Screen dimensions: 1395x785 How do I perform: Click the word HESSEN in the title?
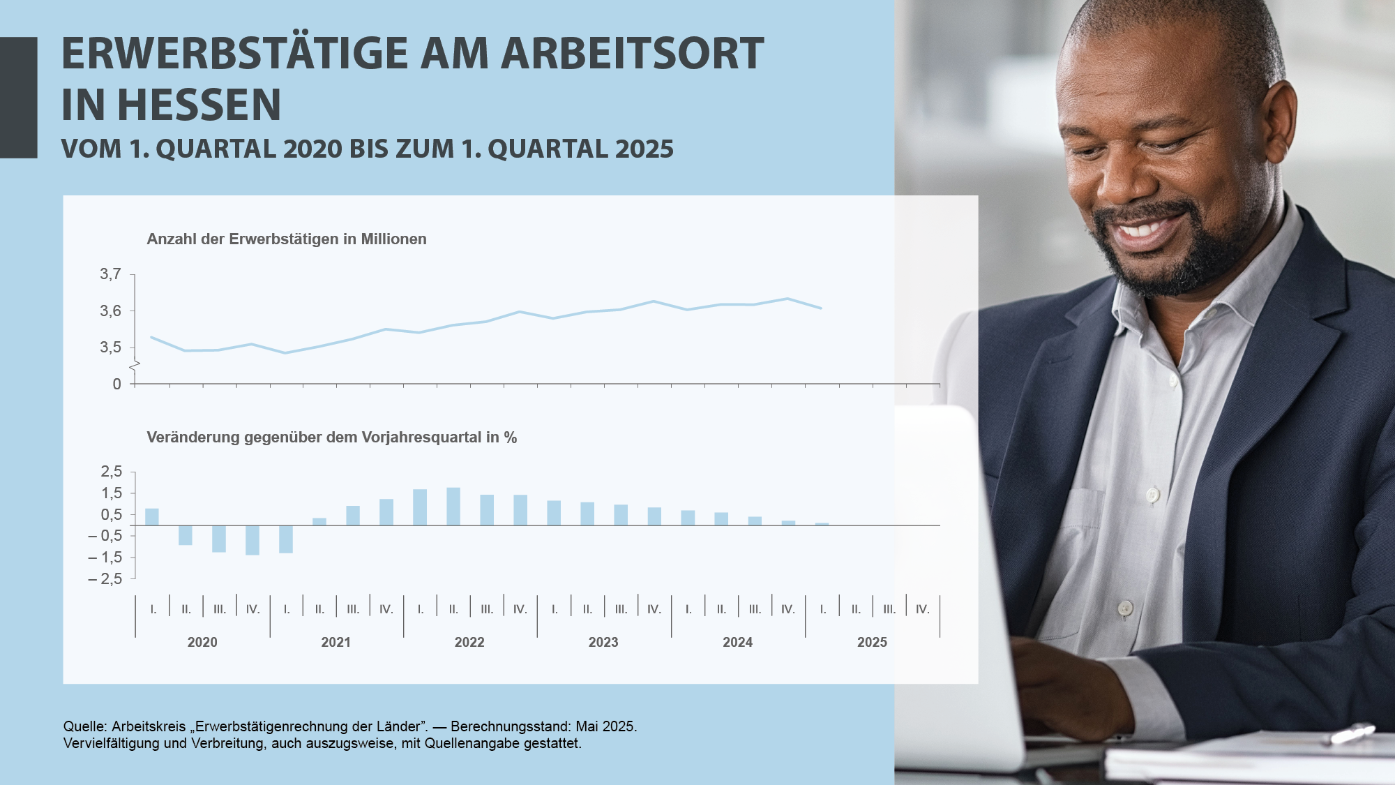(199, 105)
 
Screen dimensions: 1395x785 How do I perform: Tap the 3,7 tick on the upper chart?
(110, 274)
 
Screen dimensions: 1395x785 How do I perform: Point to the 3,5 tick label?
(110, 347)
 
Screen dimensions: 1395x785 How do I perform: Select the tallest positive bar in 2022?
(453, 507)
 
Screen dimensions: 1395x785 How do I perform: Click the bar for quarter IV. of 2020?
(252, 540)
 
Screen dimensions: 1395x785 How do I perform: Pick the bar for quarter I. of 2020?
(152, 517)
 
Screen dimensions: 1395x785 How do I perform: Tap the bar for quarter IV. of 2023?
(654, 516)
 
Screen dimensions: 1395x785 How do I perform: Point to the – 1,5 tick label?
(105, 558)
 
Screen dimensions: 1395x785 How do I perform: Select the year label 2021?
(336, 642)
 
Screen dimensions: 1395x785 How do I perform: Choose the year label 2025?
(872, 642)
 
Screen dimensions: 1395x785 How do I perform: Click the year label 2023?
(603, 642)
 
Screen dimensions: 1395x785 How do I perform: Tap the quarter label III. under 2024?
(755, 609)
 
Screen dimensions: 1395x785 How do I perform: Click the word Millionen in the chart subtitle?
(393, 239)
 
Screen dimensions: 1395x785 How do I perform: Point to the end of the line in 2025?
(822, 308)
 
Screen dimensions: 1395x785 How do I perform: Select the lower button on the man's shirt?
(1124, 608)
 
